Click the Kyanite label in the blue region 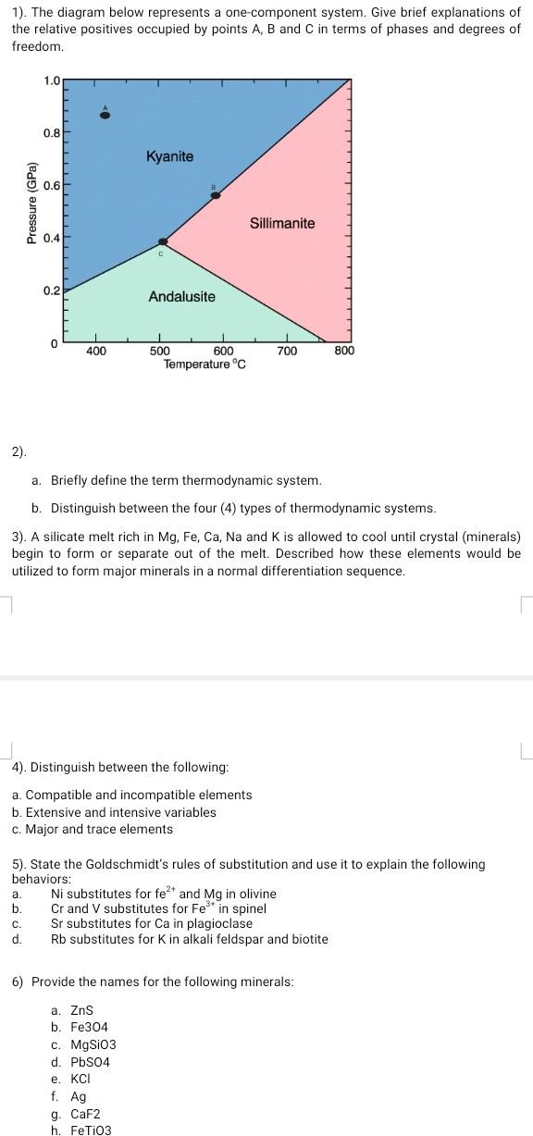pyautogui.click(x=169, y=156)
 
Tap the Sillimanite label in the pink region pyautogui.click(x=282, y=223)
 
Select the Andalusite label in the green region pyautogui.click(x=182, y=296)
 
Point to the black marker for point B pyautogui.click(x=216, y=195)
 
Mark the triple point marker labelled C pyautogui.click(x=162, y=242)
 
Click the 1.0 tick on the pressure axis pyautogui.click(x=51, y=80)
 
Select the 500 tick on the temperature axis pyautogui.click(x=160, y=352)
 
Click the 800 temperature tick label pyautogui.click(x=343, y=352)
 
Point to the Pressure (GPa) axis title pyautogui.click(x=32, y=203)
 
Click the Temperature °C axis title pyautogui.click(x=205, y=364)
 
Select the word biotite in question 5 pyautogui.click(x=306, y=939)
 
